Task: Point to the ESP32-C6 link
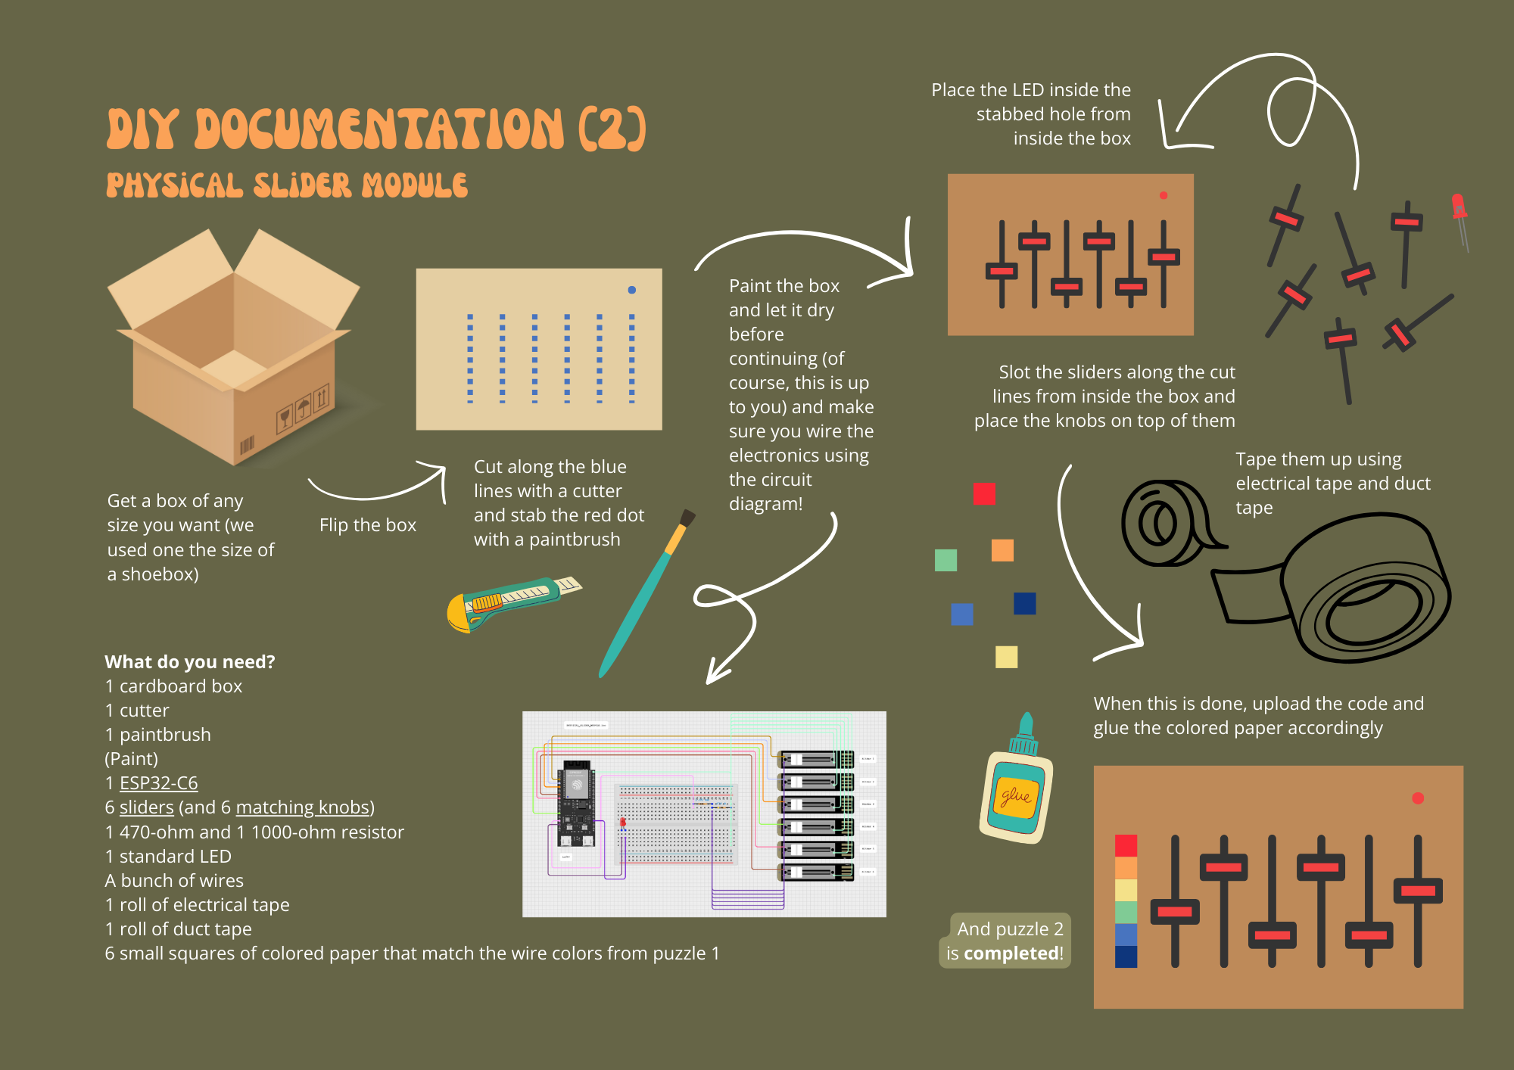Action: pos(158,783)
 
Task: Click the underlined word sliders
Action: pos(146,807)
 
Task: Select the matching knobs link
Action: pos(303,807)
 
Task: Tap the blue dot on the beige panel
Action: pos(631,290)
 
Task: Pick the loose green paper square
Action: pos(945,560)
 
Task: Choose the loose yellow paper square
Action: pos(1006,656)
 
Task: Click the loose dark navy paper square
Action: pos(1024,603)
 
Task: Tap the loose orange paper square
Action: pos(1002,550)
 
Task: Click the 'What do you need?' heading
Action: pos(189,662)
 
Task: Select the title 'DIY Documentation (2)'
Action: pos(376,128)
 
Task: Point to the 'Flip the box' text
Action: pos(367,525)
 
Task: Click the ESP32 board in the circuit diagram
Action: pos(576,802)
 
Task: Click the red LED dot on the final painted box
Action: pos(1418,798)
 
